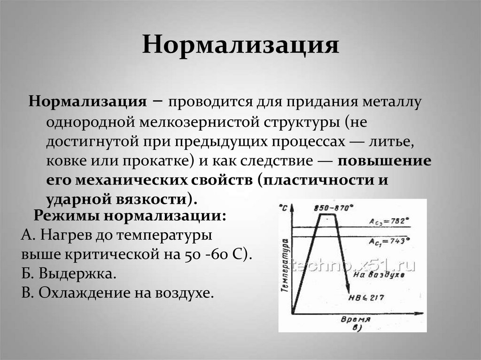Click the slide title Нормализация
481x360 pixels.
(x=240, y=46)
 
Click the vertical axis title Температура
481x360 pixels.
(x=285, y=265)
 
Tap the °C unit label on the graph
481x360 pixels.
(x=284, y=207)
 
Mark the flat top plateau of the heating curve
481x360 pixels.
(x=327, y=215)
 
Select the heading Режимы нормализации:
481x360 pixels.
(x=130, y=216)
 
